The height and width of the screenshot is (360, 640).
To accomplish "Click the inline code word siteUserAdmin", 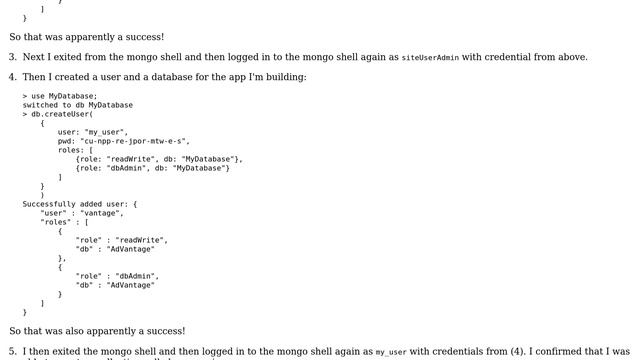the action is point(430,58).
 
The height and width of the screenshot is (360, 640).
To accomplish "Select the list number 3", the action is point(13,57).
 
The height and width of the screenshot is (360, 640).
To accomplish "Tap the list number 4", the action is point(13,77).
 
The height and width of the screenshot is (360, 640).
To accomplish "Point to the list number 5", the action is point(13,352).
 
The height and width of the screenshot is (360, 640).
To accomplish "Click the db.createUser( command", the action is point(62,114).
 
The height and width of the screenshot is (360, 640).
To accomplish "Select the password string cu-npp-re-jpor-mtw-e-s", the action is point(136,141).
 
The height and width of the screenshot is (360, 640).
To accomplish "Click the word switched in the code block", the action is point(43,105).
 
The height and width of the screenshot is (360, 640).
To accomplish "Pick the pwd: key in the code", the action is point(67,141).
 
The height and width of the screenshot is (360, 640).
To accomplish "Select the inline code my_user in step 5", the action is point(391,353).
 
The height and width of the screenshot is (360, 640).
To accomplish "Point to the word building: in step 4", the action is point(285,77).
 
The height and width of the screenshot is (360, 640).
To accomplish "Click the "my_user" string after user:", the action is point(106,132).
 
